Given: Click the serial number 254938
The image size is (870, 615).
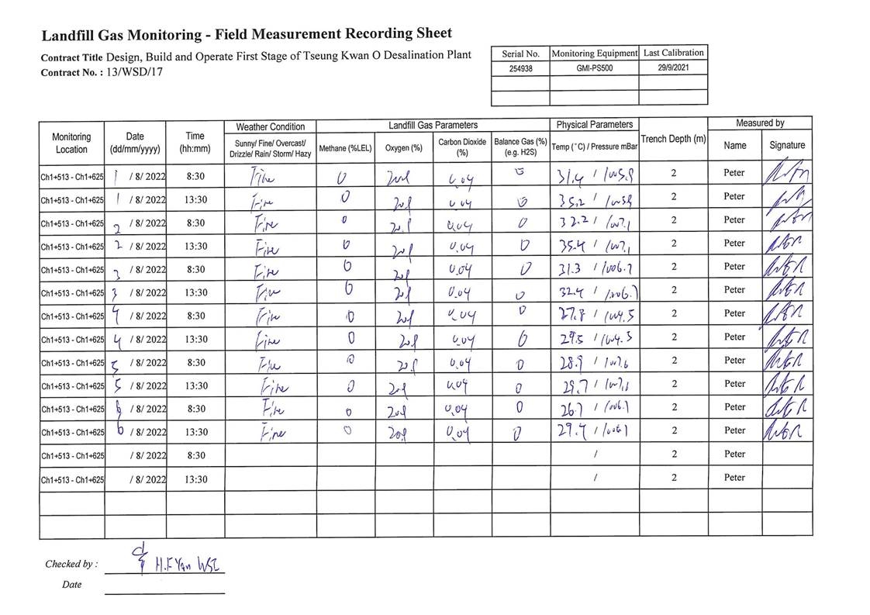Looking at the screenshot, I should tap(520, 68).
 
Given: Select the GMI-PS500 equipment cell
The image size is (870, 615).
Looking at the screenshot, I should tap(594, 68).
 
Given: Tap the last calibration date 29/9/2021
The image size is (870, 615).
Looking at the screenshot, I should tap(673, 68).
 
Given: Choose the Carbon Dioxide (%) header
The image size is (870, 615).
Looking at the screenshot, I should tap(462, 147).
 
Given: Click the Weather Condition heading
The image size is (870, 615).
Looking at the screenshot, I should tap(270, 126).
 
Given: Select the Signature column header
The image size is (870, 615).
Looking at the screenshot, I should tap(787, 145).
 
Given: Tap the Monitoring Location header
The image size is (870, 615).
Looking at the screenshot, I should tap(71, 143).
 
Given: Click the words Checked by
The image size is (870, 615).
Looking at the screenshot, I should tap(71, 565).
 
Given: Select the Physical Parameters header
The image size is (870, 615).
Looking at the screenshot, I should tap(595, 125).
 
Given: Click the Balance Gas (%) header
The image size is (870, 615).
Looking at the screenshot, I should tap(520, 147).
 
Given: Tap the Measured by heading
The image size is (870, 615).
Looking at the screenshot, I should tap(760, 123).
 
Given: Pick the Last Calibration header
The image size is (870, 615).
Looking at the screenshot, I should tap(673, 53).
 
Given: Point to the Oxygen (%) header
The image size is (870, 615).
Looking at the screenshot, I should tap(404, 148).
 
